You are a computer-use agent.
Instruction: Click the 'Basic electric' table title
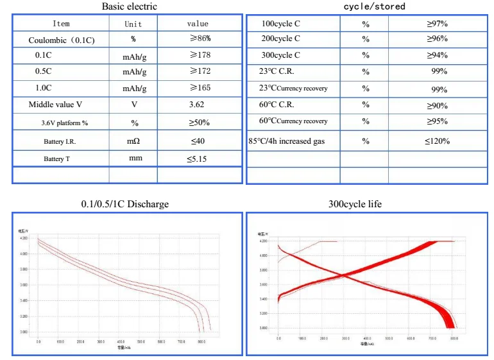click(129, 6)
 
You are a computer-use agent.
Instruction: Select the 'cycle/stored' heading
click(375, 6)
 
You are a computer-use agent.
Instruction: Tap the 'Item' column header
click(61, 24)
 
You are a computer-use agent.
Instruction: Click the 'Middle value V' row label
click(55, 104)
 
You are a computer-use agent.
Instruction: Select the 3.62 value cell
click(197, 104)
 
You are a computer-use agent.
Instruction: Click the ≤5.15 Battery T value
click(197, 159)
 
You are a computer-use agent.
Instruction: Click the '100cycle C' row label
click(281, 24)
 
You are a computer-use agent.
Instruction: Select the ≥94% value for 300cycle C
click(437, 55)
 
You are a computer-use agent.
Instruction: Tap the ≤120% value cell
click(437, 141)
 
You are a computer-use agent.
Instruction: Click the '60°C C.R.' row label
click(277, 105)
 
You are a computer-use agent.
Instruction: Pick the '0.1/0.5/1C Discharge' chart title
click(125, 204)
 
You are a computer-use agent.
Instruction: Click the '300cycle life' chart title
click(355, 204)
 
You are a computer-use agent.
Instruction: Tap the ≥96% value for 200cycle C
click(437, 39)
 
